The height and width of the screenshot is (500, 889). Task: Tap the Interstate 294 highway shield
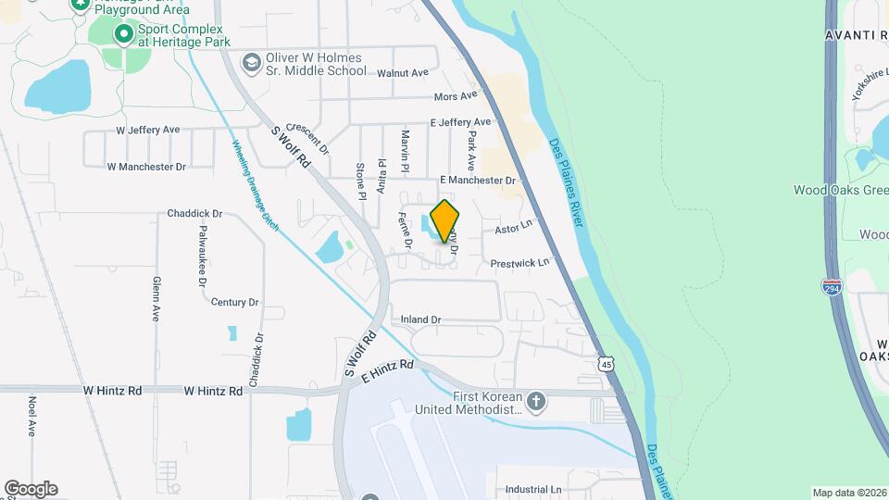click(x=832, y=287)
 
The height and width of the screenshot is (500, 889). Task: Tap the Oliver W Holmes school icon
click(x=250, y=63)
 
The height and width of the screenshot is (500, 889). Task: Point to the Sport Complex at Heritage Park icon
click(x=123, y=34)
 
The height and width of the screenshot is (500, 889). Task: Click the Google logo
click(x=31, y=489)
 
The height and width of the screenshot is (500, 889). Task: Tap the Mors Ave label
click(x=456, y=95)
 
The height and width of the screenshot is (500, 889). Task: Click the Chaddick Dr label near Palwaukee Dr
click(x=194, y=213)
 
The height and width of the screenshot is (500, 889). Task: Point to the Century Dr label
click(x=234, y=302)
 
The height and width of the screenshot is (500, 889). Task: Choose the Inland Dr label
click(x=420, y=319)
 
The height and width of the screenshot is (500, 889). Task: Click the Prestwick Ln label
click(x=520, y=263)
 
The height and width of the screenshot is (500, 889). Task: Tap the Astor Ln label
click(x=514, y=226)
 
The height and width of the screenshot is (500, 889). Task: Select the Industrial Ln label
click(x=533, y=489)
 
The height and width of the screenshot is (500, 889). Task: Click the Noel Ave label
click(x=31, y=416)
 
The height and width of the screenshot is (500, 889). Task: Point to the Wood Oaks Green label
click(x=840, y=190)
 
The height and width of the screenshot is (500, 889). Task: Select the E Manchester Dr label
click(x=477, y=180)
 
